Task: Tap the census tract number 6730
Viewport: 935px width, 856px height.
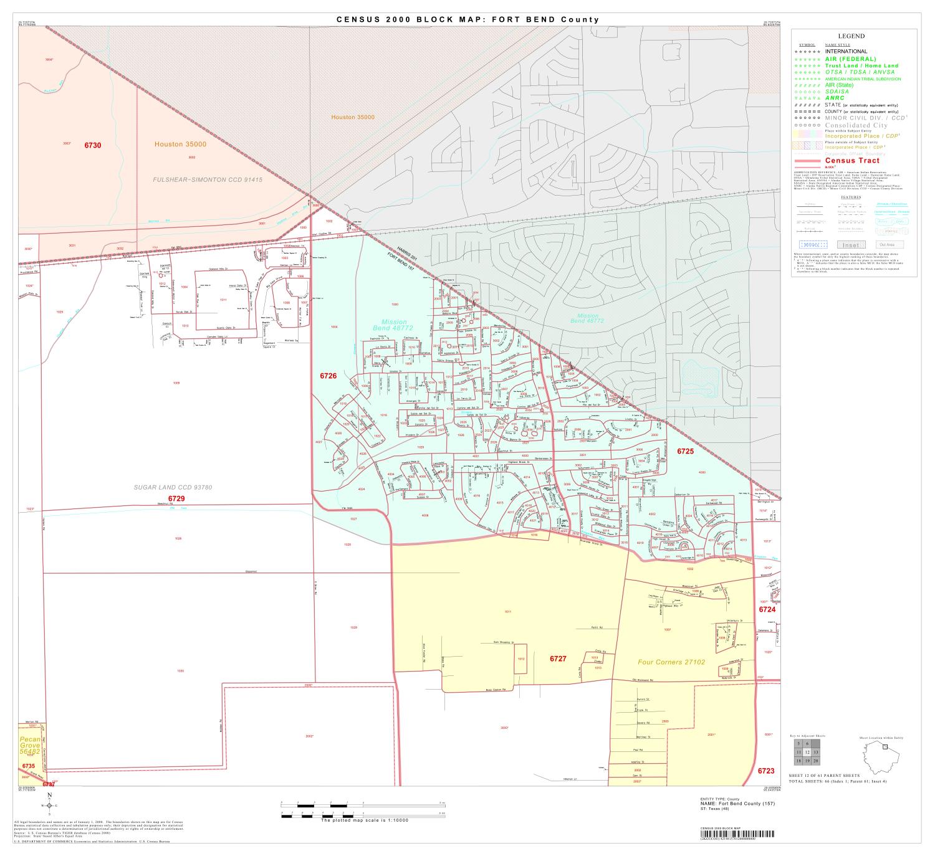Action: click(x=93, y=145)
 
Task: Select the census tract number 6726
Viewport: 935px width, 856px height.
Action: click(x=328, y=376)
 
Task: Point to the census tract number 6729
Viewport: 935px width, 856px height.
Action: click(x=176, y=499)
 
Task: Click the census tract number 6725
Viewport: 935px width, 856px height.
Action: click(x=686, y=450)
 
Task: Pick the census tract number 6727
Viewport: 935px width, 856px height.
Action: click(x=558, y=659)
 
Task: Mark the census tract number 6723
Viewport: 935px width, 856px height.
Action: click(x=766, y=771)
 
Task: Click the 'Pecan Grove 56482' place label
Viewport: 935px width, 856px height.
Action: click(x=29, y=745)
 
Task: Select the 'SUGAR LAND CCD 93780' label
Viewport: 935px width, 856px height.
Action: click(x=173, y=487)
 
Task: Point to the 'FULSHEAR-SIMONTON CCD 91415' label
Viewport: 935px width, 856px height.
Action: click(x=208, y=179)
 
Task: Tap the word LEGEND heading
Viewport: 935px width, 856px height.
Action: click(x=851, y=37)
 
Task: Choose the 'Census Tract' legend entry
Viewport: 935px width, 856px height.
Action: click(x=852, y=161)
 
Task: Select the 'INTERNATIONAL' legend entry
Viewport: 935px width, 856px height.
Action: click(x=846, y=52)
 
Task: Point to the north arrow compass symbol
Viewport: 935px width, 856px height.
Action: click(x=50, y=804)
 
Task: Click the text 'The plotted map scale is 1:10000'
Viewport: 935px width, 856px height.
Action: click(x=364, y=820)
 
